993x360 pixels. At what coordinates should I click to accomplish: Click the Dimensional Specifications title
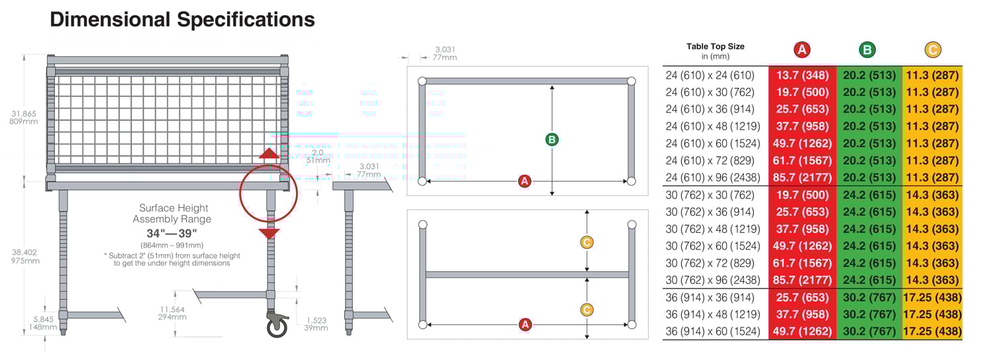pos(182,20)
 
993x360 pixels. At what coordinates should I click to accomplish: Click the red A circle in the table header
pos(802,50)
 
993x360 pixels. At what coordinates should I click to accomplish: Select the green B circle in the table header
pos(867,50)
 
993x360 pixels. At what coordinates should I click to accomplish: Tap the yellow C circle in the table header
pos(932,50)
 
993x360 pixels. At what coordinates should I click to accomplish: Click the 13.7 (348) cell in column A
pos(802,75)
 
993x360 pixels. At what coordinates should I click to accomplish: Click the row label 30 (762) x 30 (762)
pos(710,195)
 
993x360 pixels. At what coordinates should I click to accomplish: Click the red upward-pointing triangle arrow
pos(268,154)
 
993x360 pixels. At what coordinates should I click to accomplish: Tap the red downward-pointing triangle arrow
pos(269,233)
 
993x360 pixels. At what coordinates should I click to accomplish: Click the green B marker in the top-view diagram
pos(551,140)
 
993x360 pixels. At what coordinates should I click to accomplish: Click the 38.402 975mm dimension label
pos(25,256)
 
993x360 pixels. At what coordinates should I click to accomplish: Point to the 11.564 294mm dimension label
pos(173,313)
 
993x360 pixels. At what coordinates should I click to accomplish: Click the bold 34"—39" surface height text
pos(171,234)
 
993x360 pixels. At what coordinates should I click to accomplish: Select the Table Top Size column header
pos(715,50)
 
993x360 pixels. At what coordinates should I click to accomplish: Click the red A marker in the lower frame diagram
pos(525,324)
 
